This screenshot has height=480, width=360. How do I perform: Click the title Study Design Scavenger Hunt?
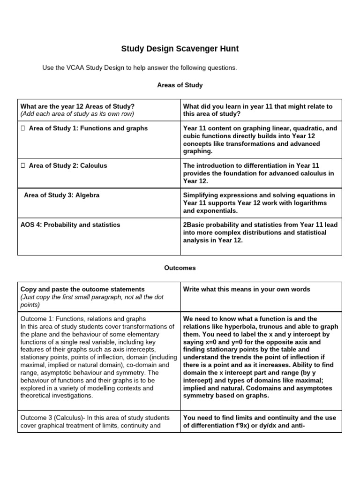click(x=180, y=48)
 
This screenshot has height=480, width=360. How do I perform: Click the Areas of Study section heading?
click(x=180, y=85)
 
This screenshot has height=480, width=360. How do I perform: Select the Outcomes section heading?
click(x=180, y=268)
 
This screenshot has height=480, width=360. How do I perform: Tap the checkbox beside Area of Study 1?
click(x=22, y=128)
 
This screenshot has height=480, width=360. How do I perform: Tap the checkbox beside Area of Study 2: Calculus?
click(x=22, y=165)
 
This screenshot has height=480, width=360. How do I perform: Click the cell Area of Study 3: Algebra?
click(x=61, y=195)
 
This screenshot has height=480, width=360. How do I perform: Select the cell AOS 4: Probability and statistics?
click(x=70, y=225)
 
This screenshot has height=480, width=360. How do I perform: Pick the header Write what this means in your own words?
click(x=247, y=289)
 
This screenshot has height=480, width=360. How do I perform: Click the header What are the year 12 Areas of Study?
click(x=77, y=106)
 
